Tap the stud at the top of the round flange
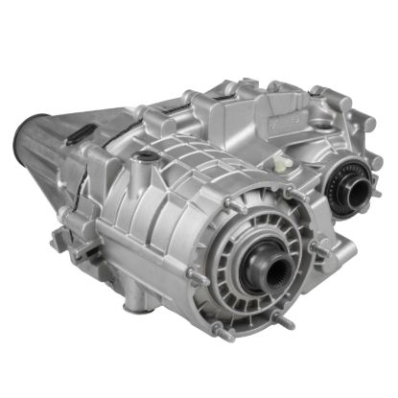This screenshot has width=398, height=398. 244,192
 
